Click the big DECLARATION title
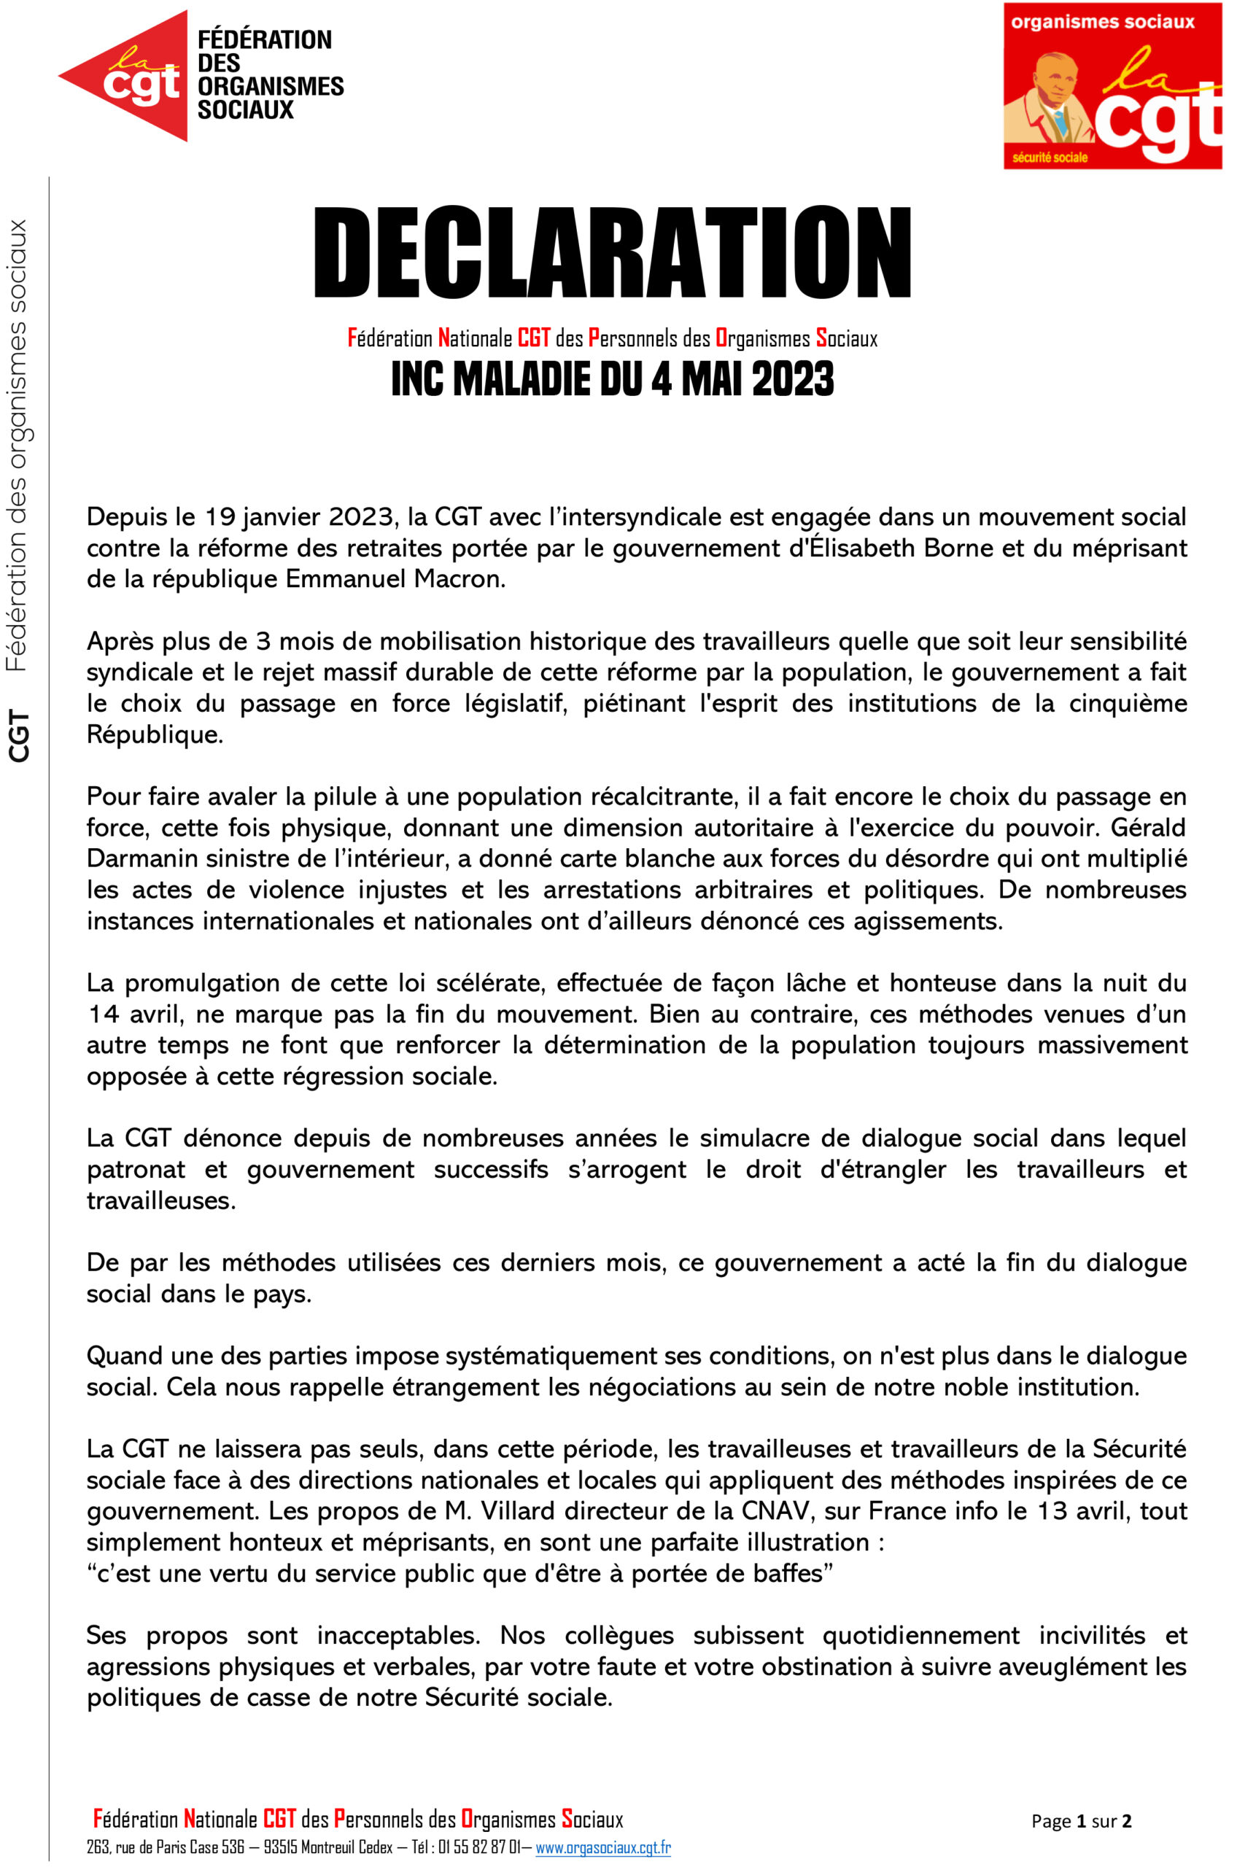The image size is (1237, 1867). point(612,252)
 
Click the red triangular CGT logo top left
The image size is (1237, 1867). point(126,76)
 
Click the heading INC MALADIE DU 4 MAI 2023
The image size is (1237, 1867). point(612,380)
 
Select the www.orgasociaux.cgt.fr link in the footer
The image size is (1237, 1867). point(602,1847)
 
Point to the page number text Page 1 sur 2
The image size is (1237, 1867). point(1081,1820)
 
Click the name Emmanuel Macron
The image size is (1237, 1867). point(395,579)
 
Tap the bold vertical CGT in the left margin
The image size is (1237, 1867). point(19,736)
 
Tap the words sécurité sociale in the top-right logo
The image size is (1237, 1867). point(1050,158)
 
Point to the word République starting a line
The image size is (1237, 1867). point(155,734)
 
